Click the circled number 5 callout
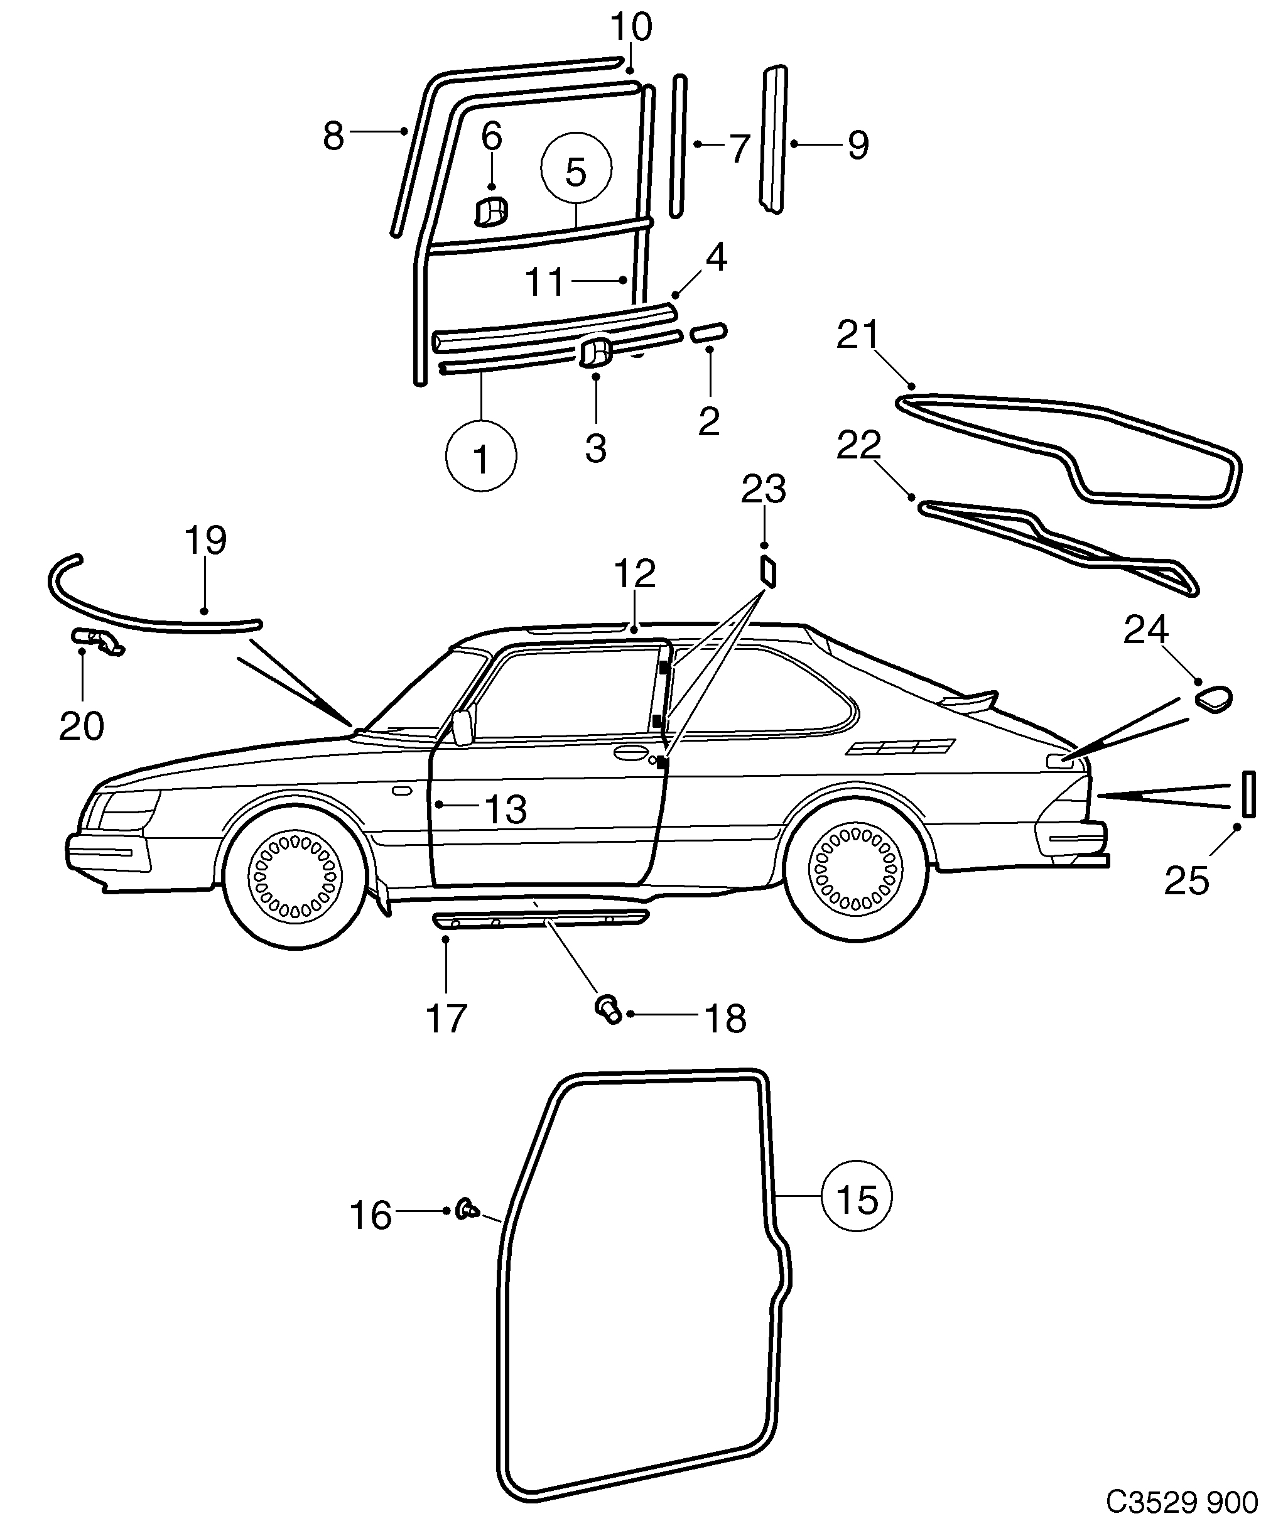tap(576, 169)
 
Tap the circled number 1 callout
tap(481, 457)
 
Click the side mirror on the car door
tap(462, 728)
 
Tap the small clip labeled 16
tap(467, 1209)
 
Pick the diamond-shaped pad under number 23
tap(769, 571)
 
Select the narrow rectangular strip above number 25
tap(1248, 794)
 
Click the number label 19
tap(205, 540)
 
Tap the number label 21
tap(858, 335)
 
